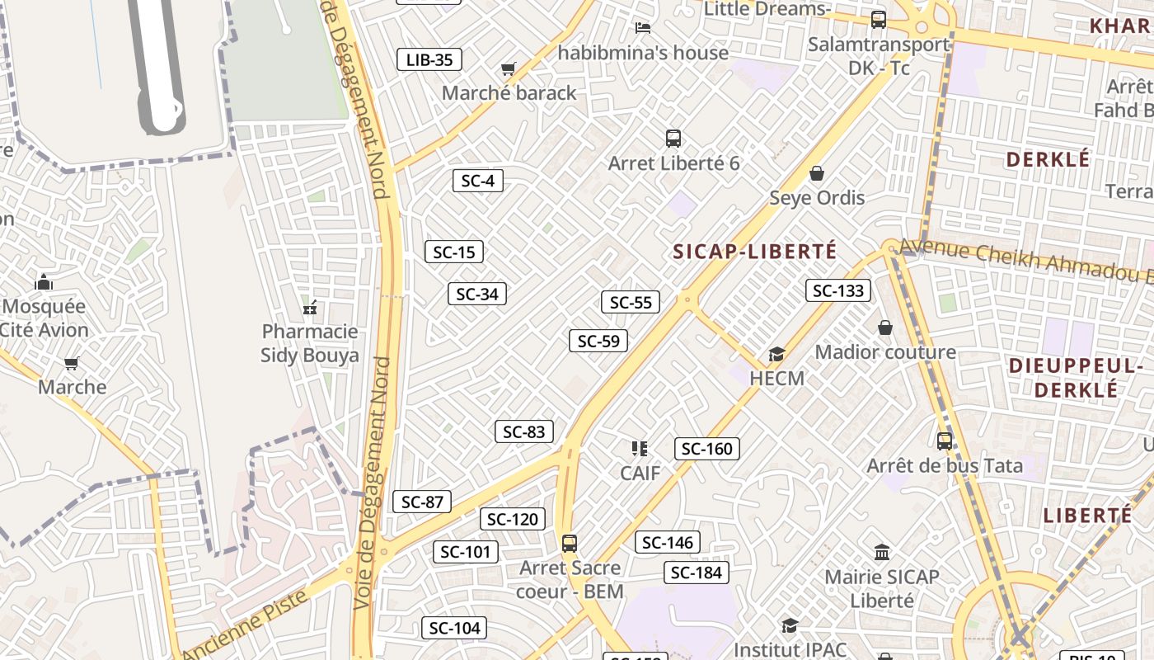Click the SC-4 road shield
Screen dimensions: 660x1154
click(x=478, y=181)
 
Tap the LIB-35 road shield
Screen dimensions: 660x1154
click(x=429, y=59)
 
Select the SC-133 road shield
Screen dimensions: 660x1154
click(x=838, y=290)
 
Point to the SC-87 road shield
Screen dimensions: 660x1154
click(x=422, y=502)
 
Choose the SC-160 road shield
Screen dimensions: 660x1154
click(x=707, y=449)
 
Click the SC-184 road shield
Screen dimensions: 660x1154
click(x=697, y=573)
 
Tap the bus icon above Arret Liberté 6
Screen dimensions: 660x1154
click(x=673, y=139)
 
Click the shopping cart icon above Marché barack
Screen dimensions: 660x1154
click(x=509, y=69)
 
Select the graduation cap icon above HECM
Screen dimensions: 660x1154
click(x=776, y=355)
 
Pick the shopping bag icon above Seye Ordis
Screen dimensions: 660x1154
click(x=817, y=173)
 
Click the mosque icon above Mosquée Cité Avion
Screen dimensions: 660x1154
click(x=44, y=282)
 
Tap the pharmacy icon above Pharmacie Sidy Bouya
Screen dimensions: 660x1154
click(x=310, y=308)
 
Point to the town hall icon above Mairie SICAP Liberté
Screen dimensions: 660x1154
click(x=882, y=552)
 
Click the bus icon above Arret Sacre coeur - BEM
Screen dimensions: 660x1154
click(x=569, y=544)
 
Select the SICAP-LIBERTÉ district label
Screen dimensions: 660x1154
click(x=755, y=251)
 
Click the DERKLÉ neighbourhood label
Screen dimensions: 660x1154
click(x=1048, y=159)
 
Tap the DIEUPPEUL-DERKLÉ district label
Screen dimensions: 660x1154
click(x=1076, y=377)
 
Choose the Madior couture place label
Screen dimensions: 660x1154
click(x=885, y=352)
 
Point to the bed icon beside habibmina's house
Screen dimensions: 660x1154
click(x=644, y=27)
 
